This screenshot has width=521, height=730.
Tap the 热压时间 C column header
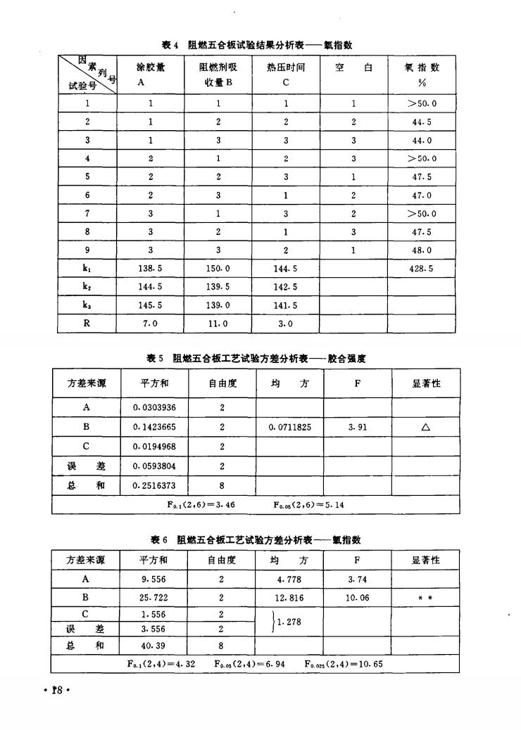(x=286, y=74)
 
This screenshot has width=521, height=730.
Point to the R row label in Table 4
(x=85, y=324)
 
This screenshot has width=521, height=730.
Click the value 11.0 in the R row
(x=219, y=324)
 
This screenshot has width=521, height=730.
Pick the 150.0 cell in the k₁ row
(x=219, y=269)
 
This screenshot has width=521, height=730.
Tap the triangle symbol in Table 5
(x=425, y=427)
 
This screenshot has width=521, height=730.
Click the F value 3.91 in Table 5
(x=356, y=426)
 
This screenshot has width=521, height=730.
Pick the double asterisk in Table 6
(x=425, y=597)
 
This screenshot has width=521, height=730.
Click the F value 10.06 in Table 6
(x=358, y=597)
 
